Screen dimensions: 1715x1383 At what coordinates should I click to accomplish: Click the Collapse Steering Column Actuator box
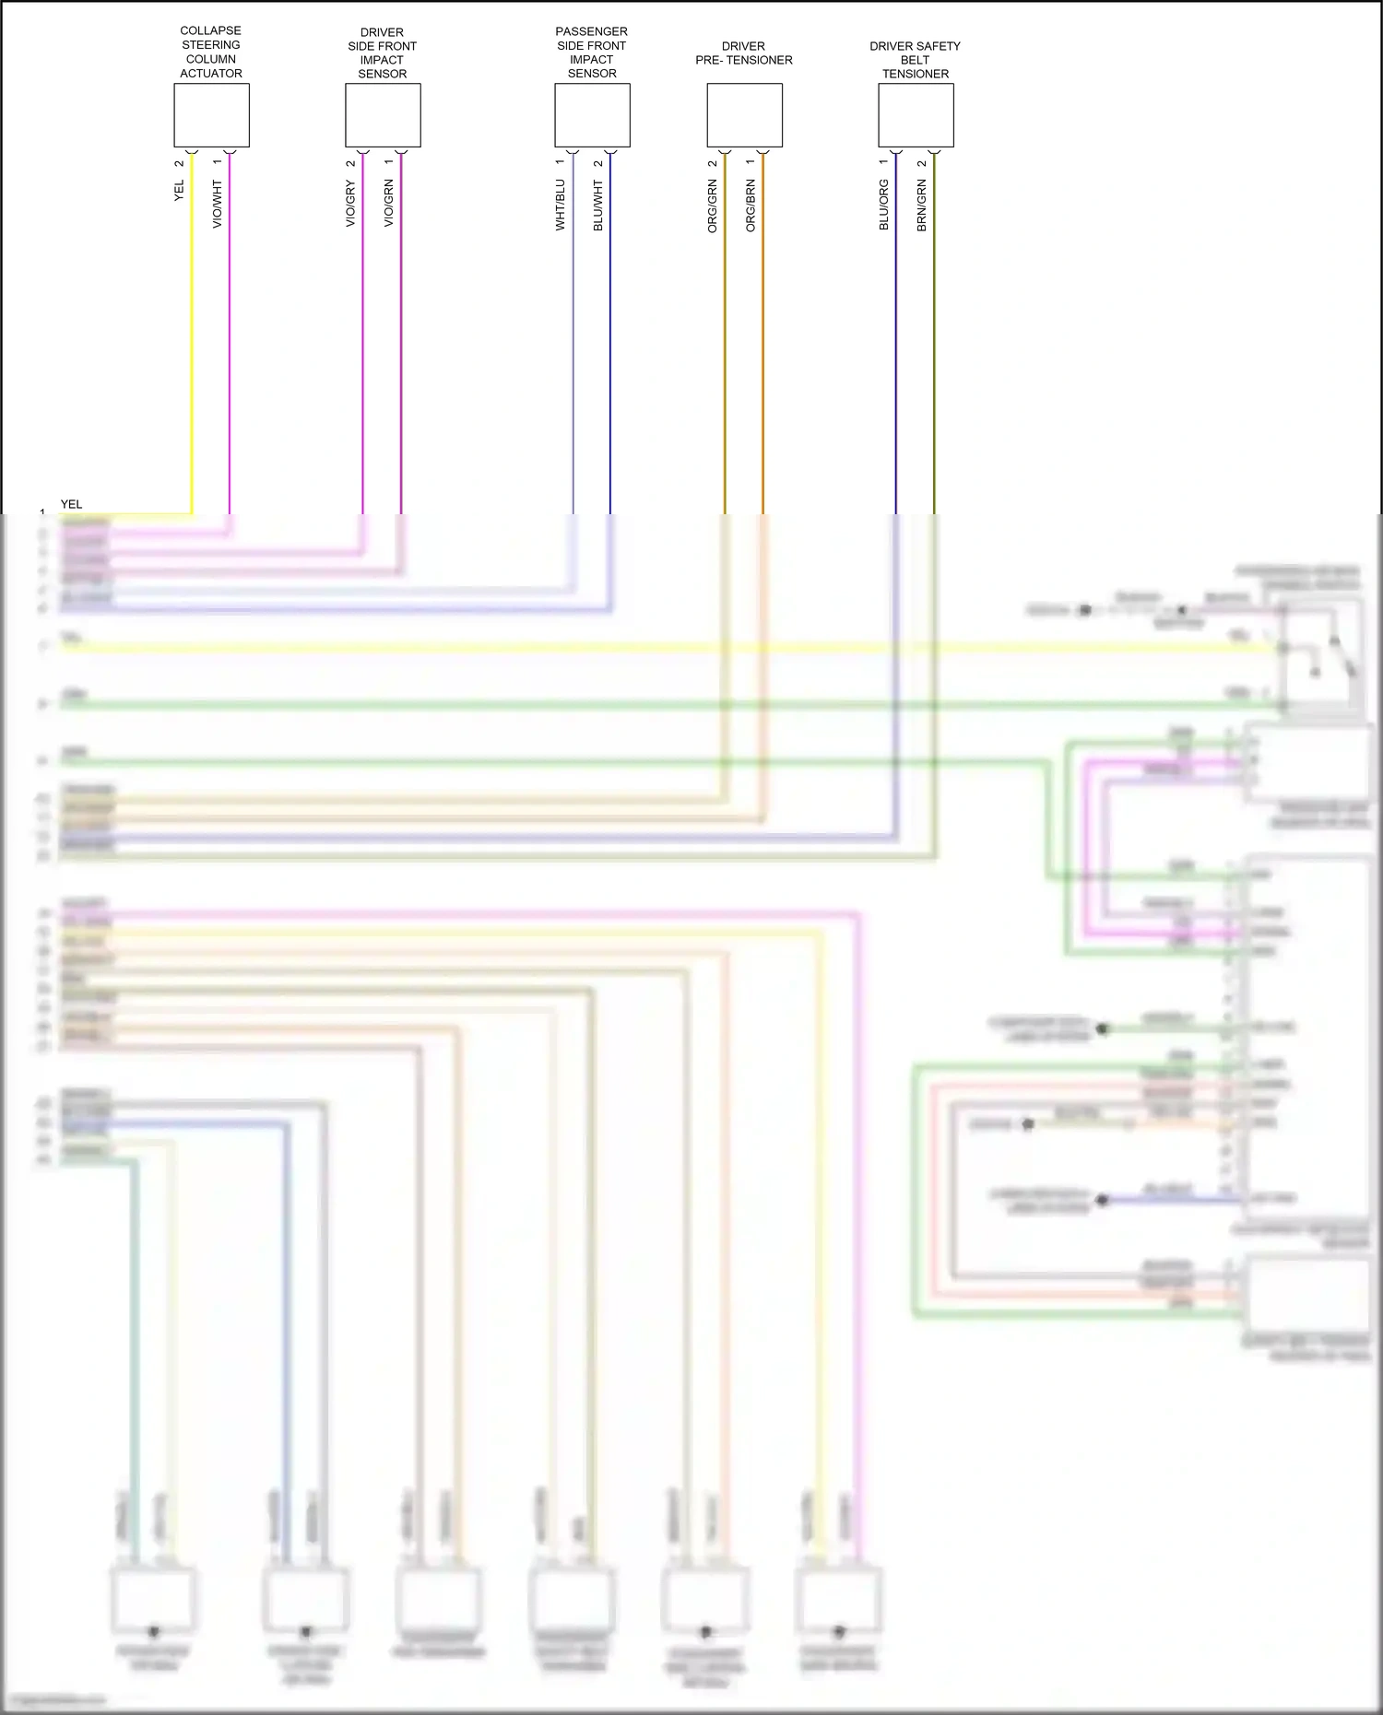click(211, 115)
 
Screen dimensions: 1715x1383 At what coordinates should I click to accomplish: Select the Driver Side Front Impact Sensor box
click(383, 115)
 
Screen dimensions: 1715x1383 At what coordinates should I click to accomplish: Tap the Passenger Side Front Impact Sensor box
click(592, 115)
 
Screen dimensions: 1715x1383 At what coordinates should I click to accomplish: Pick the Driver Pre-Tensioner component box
click(744, 115)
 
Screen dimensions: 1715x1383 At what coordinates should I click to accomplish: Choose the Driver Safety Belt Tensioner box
click(916, 115)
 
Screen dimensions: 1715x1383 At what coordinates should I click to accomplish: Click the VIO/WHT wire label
click(218, 204)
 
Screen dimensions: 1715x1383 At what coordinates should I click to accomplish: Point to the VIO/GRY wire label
click(350, 204)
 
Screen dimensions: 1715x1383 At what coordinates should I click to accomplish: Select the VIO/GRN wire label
click(389, 204)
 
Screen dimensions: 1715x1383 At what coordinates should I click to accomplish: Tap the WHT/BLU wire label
click(560, 205)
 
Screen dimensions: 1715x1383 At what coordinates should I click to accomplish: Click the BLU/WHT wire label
click(598, 205)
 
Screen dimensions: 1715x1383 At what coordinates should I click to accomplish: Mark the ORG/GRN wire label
click(712, 206)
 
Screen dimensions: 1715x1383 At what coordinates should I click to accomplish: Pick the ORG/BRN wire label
click(751, 206)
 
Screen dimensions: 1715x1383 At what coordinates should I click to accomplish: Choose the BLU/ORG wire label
click(883, 205)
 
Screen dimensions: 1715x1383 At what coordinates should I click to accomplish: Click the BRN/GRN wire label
click(922, 205)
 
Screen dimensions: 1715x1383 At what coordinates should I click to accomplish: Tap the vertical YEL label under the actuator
click(179, 191)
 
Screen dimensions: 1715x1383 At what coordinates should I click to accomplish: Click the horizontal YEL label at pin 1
click(71, 504)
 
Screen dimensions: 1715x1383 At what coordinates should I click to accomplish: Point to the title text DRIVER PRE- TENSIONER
click(744, 53)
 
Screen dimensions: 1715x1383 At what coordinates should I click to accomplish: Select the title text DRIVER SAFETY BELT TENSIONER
click(916, 59)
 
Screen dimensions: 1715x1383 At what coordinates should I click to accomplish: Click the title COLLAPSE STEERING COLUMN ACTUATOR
click(211, 52)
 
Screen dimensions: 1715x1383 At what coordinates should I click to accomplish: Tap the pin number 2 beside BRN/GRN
click(922, 163)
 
